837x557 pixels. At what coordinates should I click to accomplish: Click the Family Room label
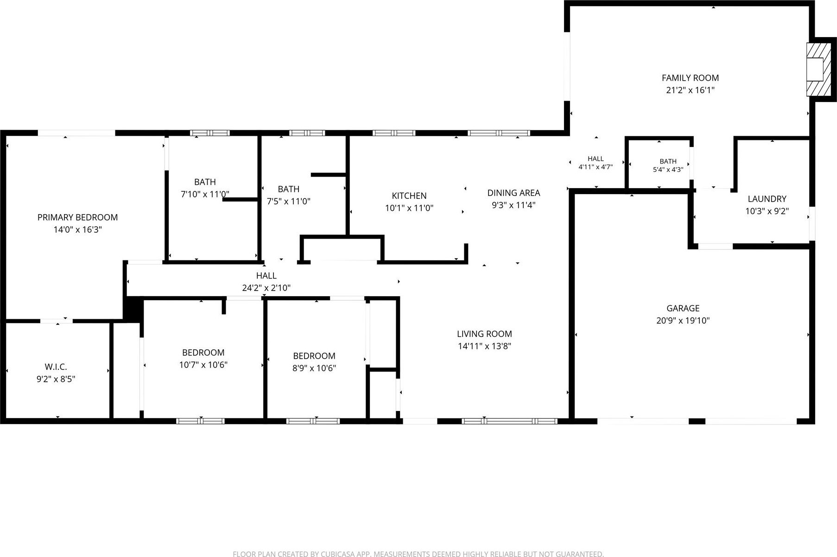(x=690, y=78)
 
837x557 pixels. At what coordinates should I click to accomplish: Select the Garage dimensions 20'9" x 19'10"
(x=683, y=320)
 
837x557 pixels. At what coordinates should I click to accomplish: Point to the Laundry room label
(x=767, y=199)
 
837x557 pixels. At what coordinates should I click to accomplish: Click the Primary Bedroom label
(x=77, y=217)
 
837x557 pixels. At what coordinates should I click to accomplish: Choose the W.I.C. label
(x=56, y=367)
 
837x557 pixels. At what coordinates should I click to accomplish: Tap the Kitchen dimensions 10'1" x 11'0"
(x=409, y=208)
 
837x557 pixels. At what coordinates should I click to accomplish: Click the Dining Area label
(x=514, y=193)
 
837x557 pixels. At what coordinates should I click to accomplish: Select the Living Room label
(x=484, y=334)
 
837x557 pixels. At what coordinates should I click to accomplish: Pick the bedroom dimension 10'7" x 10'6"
(x=203, y=365)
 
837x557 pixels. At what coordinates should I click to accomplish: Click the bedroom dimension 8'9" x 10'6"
(x=314, y=368)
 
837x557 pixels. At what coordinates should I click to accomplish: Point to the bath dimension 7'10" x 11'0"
(x=205, y=194)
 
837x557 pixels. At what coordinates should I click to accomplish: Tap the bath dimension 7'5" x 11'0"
(x=289, y=201)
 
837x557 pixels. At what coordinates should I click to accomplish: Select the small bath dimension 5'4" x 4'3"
(x=668, y=170)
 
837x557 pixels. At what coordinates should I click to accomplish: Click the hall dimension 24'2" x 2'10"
(x=266, y=288)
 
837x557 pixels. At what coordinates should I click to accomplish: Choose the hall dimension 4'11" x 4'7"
(x=596, y=167)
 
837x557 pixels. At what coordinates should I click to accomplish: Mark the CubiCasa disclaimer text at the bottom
(x=418, y=554)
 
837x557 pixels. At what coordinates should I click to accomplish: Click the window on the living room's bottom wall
(x=509, y=421)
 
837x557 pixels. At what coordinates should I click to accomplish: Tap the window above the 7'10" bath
(x=210, y=133)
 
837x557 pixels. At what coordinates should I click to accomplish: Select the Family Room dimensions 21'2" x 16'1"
(x=690, y=90)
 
